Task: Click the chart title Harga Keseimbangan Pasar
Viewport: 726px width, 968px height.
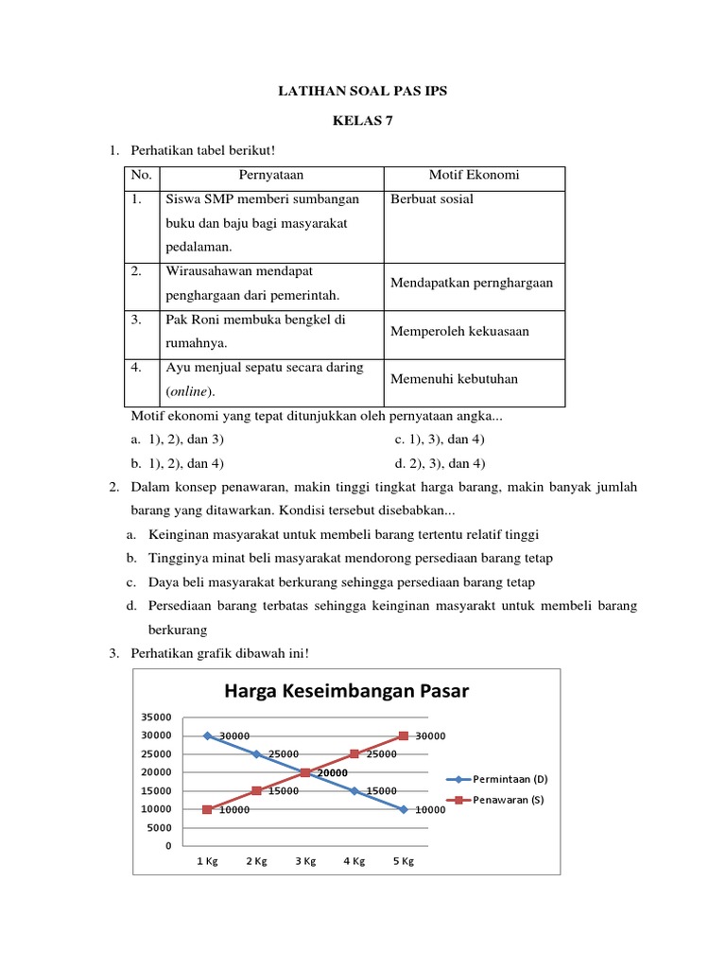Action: point(346,691)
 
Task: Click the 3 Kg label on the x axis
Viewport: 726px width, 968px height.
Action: point(305,862)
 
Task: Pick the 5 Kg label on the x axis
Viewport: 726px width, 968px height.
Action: point(403,862)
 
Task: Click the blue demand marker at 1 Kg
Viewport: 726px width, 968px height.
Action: point(207,735)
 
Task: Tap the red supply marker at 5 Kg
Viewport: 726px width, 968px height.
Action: point(404,735)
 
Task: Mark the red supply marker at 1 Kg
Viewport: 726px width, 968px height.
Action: point(207,809)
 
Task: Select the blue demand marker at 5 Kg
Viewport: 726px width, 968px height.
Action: point(404,809)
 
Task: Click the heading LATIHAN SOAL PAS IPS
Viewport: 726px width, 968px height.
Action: point(362,92)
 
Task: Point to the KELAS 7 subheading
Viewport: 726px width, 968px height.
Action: point(362,121)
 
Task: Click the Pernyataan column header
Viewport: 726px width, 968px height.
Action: point(271,176)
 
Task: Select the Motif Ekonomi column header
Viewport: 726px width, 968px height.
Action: point(474,176)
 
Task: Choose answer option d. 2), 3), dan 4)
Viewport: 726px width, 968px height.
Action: point(440,463)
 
